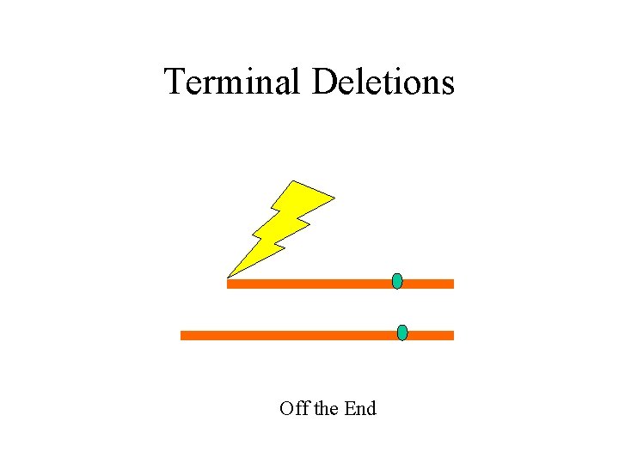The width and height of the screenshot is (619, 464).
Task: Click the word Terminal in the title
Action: (232, 82)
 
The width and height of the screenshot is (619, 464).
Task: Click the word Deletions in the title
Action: (383, 82)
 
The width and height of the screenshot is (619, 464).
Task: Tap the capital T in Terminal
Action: (175, 82)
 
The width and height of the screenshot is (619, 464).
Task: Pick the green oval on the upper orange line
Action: (397, 281)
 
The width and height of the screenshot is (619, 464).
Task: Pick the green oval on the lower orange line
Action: (402, 333)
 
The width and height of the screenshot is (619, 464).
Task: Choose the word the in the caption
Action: (327, 408)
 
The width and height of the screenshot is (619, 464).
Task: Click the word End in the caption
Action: (360, 408)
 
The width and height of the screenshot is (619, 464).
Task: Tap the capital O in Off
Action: (286, 409)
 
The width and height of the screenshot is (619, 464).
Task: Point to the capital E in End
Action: (349, 409)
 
